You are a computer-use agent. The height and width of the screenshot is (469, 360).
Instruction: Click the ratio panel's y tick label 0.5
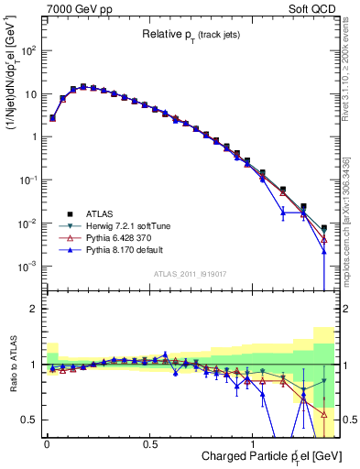click(x=30, y=420)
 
